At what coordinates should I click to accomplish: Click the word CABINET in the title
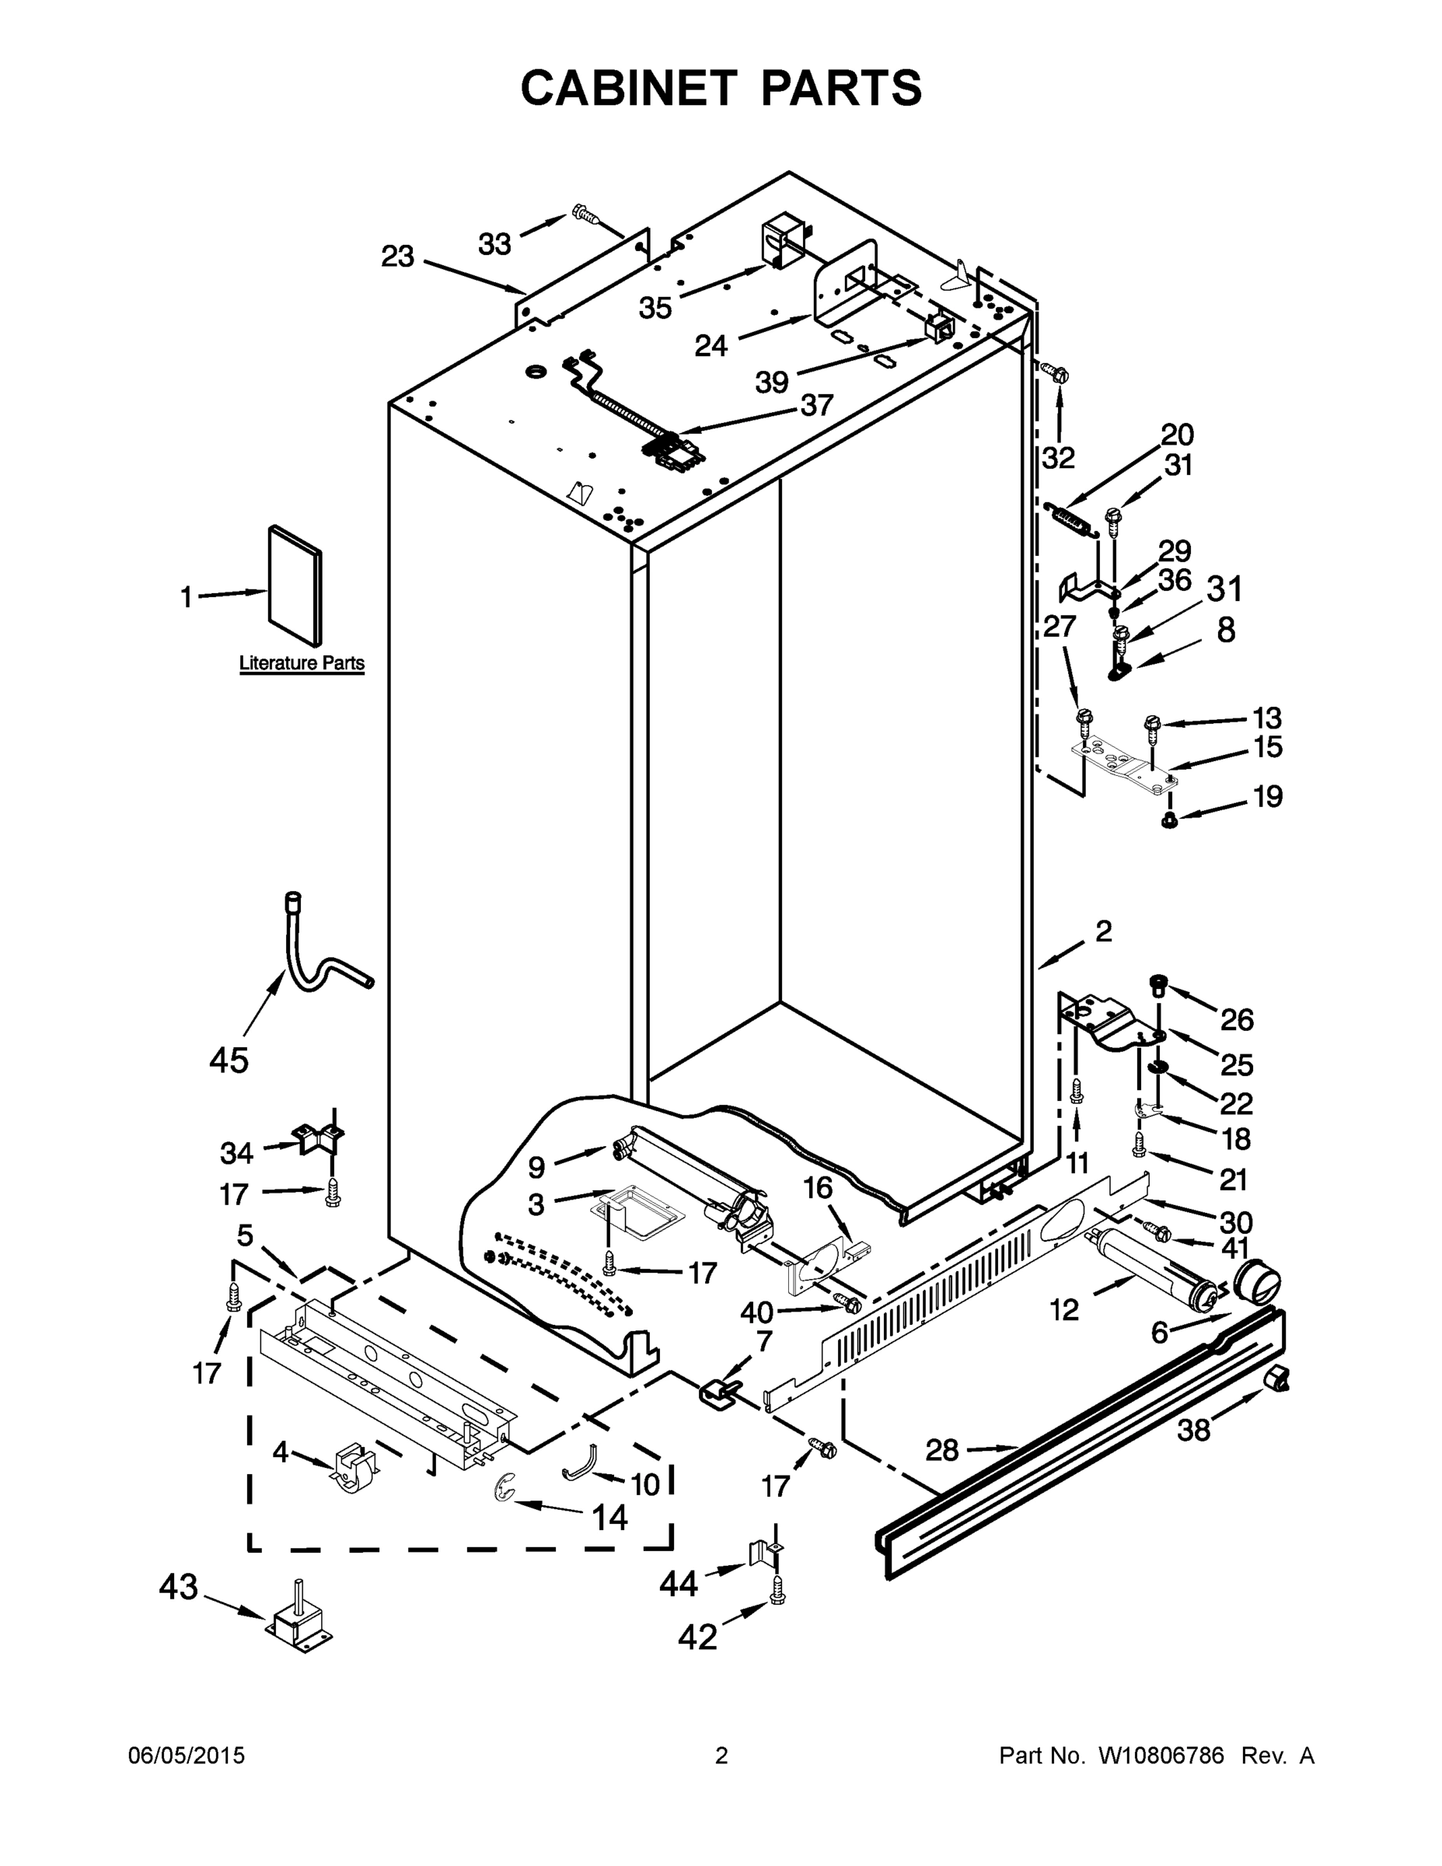click(x=629, y=87)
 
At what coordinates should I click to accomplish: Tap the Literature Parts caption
click(x=302, y=663)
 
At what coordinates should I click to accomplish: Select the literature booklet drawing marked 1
click(x=295, y=585)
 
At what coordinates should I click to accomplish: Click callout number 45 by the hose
click(x=229, y=1061)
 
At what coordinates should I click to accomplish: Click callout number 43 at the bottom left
click(x=179, y=1588)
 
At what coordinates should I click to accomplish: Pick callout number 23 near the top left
click(x=397, y=256)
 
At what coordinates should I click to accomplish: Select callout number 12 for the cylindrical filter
click(x=1064, y=1310)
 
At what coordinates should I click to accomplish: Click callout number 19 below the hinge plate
click(x=1268, y=796)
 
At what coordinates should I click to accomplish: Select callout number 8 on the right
click(x=1225, y=631)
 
